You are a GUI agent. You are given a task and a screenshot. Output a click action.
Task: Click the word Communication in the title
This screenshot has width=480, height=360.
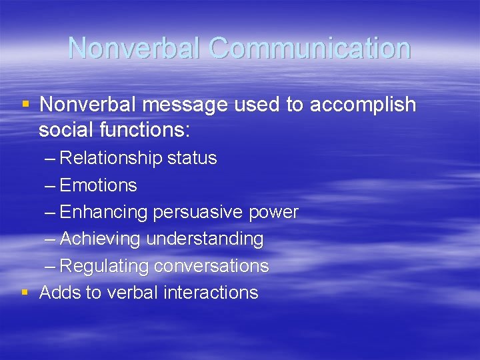coord(309,49)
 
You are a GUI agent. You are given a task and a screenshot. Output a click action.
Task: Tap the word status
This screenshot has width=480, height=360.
coord(192,158)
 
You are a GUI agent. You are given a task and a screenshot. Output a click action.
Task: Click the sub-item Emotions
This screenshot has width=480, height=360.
coord(98,185)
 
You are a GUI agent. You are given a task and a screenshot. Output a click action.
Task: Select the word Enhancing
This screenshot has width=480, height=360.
coord(103,212)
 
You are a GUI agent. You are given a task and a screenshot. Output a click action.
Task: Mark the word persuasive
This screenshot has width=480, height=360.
coord(198,212)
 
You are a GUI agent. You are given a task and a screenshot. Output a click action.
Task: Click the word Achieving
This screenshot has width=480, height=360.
coord(101,239)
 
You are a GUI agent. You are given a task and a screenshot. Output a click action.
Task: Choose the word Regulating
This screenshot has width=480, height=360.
coord(104,266)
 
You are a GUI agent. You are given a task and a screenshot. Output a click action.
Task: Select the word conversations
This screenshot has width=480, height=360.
coord(211,266)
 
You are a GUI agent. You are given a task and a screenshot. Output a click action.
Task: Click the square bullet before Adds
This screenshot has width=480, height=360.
coord(25,291)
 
